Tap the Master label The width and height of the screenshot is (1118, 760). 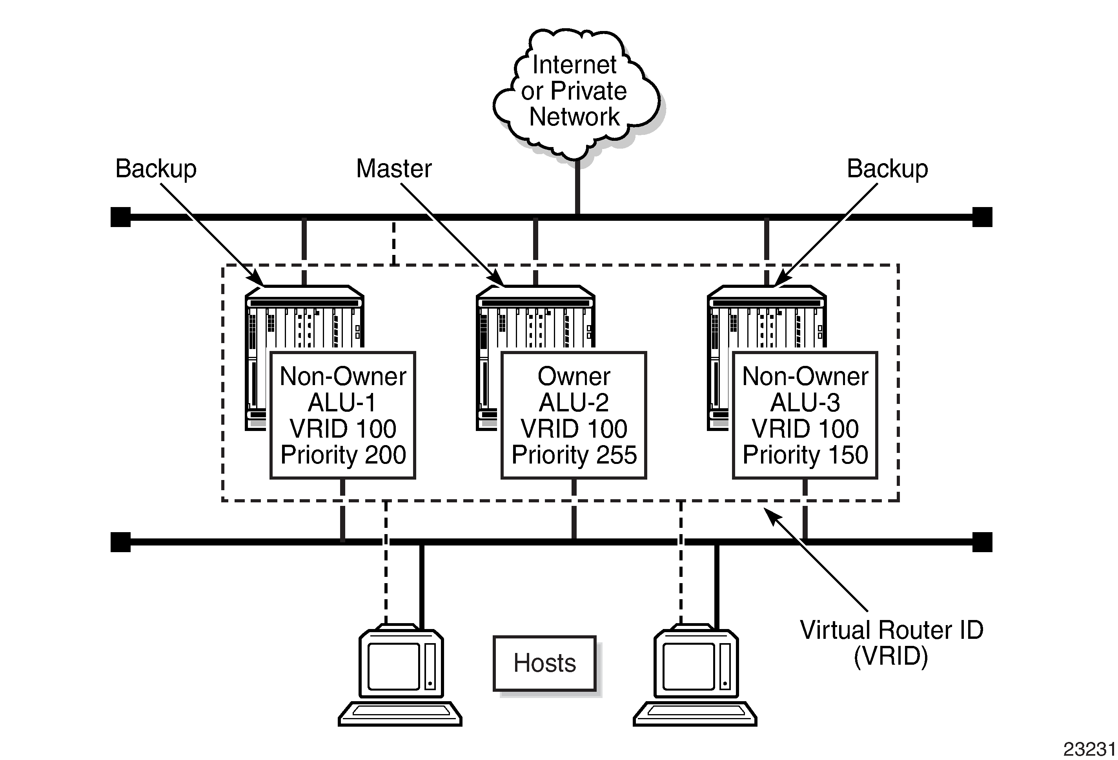point(393,169)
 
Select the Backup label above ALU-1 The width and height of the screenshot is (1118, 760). point(156,169)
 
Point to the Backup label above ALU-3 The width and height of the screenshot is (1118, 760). point(887,169)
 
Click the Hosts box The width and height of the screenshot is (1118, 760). point(544,663)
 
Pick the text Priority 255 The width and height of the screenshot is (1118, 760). point(574,455)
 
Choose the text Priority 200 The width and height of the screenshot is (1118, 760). point(343,455)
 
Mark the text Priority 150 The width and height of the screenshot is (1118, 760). point(805,455)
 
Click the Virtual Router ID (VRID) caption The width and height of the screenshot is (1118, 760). point(891,643)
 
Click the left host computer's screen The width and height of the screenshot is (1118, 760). point(393,666)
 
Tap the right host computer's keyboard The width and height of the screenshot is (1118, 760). point(695,713)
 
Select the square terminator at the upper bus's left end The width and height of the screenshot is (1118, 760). point(120,217)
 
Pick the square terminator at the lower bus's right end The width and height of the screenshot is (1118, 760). point(982,542)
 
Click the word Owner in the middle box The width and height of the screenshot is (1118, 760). point(574,376)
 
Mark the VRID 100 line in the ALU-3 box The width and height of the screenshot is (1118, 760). point(805,428)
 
